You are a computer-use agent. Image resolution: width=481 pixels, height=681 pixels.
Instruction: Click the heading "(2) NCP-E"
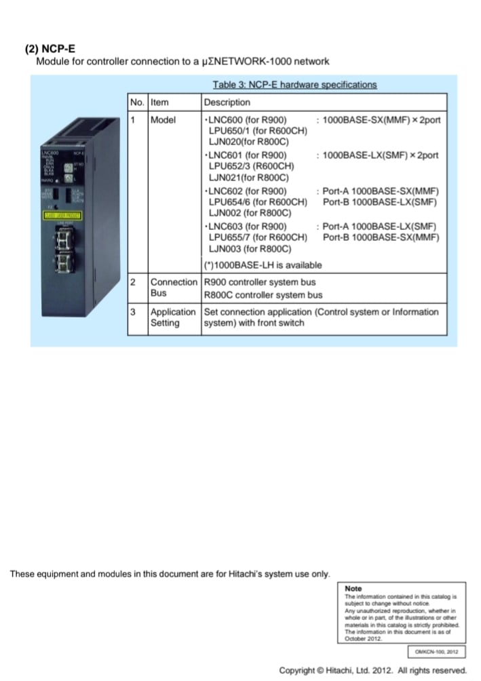(x=50, y=50)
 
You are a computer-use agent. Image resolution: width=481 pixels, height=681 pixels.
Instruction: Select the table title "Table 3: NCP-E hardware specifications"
(x=294, y=85)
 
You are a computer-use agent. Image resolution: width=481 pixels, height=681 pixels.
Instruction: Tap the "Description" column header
(x=227, y=102)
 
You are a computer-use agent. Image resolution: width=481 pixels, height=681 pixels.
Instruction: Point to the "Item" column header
(x=159, y=102)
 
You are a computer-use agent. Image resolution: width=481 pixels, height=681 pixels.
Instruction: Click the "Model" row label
(x=163, y=120)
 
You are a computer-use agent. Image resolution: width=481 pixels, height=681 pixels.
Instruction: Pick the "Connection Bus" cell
(x=172, y=288)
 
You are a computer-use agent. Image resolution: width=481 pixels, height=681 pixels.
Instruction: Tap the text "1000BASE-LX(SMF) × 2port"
(x=380, y=155)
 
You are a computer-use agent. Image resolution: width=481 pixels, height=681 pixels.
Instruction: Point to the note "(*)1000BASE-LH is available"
(x=263, y=265)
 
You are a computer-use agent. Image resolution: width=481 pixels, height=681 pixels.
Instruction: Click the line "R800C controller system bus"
(x=263, y=295)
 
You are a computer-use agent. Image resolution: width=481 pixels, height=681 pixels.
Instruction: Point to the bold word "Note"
(x=353, y=588)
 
